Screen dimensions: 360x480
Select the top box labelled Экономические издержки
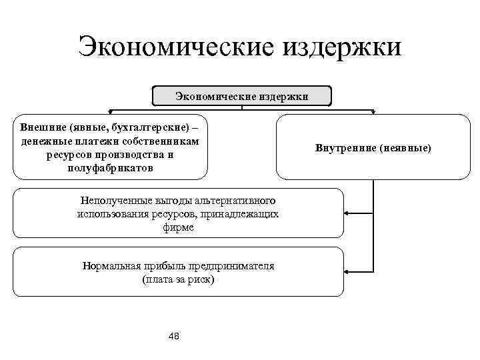pos(241,96)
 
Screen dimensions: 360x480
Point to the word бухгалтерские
pos(146,126)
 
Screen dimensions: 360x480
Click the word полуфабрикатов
pos(110,168)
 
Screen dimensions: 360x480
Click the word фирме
pos(178,227)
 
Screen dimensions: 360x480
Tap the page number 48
pos(175,335)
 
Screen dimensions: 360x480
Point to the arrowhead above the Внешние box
pos(110,111)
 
